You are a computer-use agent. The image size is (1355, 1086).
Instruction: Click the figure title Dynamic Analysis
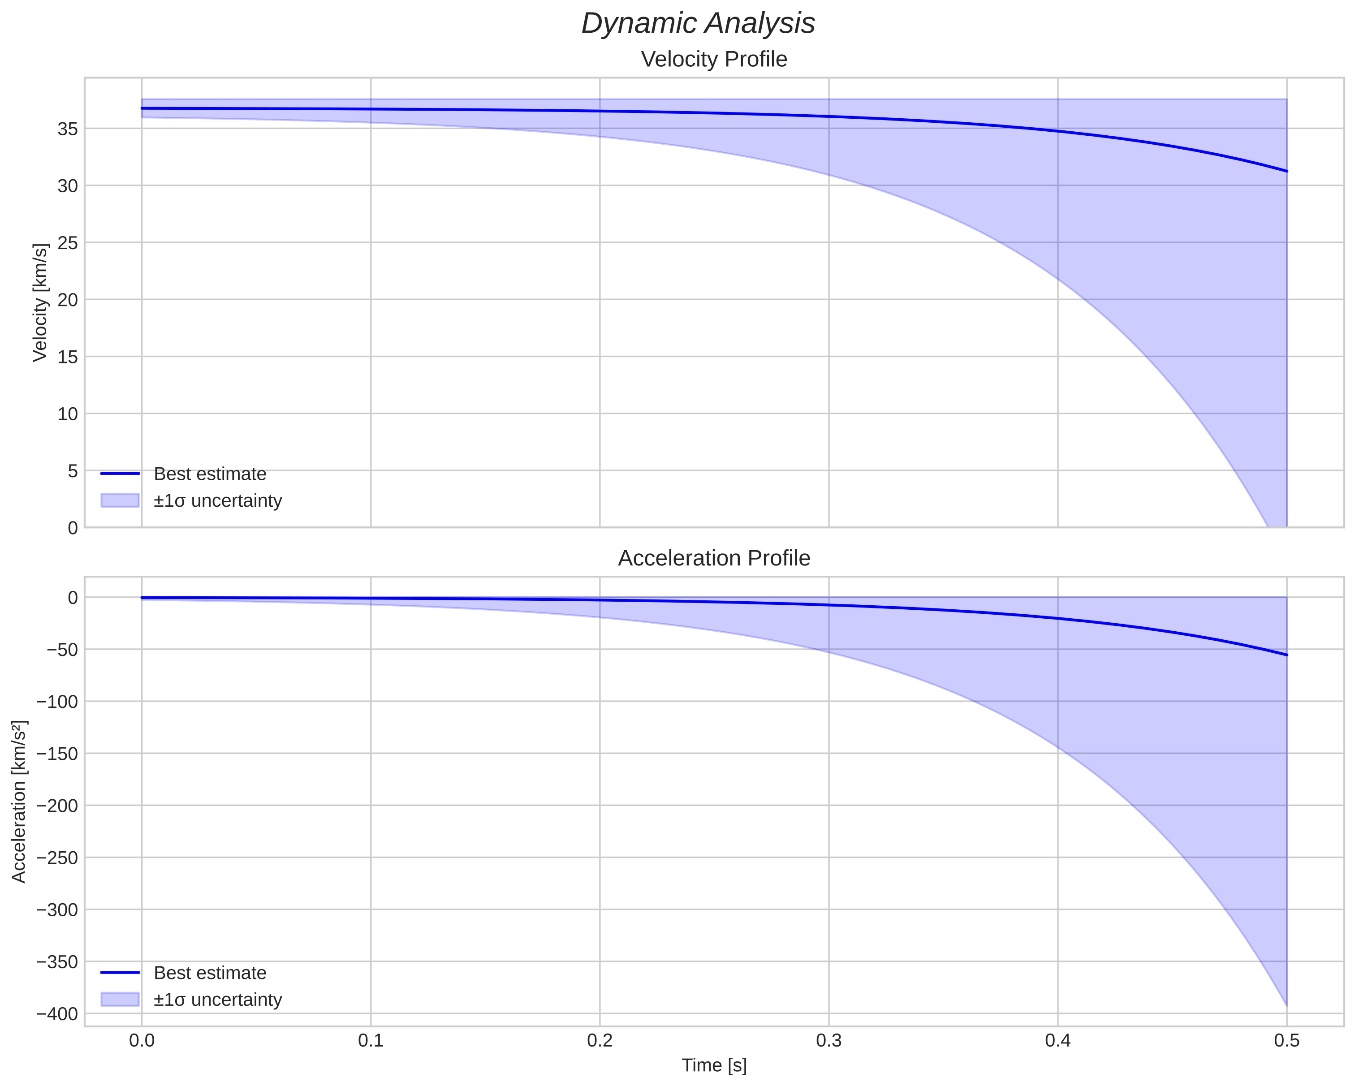tap(698, 24)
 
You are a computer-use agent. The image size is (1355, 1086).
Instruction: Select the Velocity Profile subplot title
tap(713, 59)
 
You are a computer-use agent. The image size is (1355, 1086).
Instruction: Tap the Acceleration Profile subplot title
tap(713, 558)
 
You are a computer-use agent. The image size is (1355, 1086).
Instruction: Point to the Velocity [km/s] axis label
tap(40, 302)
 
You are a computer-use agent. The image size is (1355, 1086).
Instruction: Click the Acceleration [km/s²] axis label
tap(19, 802)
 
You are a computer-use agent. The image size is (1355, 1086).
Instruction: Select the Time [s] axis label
tap(714, 1064)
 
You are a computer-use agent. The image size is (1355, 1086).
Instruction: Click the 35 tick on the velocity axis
tap(67, 129)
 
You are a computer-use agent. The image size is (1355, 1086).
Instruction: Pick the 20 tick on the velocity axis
tap(67, 300)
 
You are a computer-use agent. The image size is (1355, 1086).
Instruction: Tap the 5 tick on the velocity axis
tap(73, 471)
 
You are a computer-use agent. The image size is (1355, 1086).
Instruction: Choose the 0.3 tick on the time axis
tap(829, 1041)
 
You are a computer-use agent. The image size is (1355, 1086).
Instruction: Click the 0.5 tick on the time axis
tap(1286, 1041)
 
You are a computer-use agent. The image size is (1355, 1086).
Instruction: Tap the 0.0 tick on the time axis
tap(142, 1041)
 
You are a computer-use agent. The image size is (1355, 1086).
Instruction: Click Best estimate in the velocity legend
tap(210, 474)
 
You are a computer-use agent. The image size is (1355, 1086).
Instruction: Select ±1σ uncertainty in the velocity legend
tap(217, 501)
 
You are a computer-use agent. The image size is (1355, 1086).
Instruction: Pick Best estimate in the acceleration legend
tap(210, 973)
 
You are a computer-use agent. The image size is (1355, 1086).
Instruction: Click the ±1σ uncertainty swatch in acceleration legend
tap(119, 999)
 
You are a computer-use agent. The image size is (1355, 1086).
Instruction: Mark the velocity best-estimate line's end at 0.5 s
tap(1286, 171)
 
